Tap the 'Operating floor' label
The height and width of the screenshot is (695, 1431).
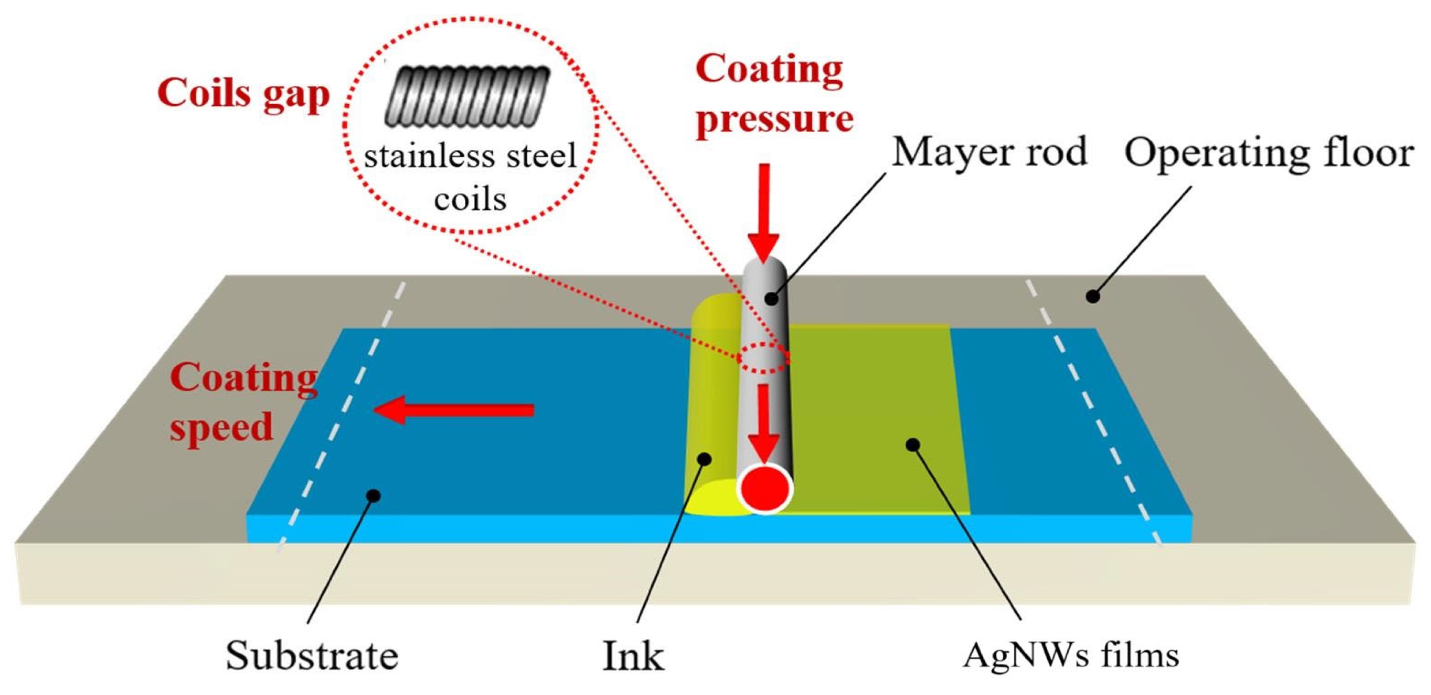[x=1268, y=153]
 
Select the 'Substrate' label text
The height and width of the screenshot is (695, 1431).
[x=312, y=655]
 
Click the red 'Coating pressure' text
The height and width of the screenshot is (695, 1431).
[x=774, y=95]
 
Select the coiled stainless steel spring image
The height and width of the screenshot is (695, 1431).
[x=467, y=95]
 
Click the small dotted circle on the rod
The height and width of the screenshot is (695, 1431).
[x=764, y=357]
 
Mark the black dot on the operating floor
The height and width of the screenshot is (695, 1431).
[x=1092, y=296]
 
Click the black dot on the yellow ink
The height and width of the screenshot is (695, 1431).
[x=704, y=459]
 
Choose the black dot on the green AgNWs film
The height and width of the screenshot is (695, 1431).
[x=913, y=444]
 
